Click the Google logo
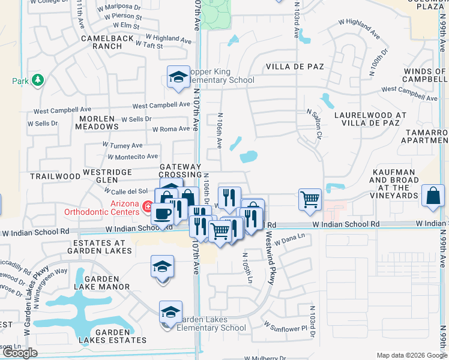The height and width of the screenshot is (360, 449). coord(20,353)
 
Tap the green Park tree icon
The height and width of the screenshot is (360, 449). coord(37,80)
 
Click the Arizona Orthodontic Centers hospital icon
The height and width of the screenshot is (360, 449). coord(147,208)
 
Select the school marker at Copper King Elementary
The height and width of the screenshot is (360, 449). coord(178,77)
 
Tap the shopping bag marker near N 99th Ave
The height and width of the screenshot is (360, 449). coord(433,196)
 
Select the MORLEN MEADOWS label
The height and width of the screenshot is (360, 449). coord(97,122)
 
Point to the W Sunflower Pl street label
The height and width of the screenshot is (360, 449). coord(286,328)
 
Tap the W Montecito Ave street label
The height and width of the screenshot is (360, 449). coord(133,157)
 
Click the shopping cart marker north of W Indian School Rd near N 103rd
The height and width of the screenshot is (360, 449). coord(310,198)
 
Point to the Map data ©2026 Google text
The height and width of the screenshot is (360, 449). coord(412,355)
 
